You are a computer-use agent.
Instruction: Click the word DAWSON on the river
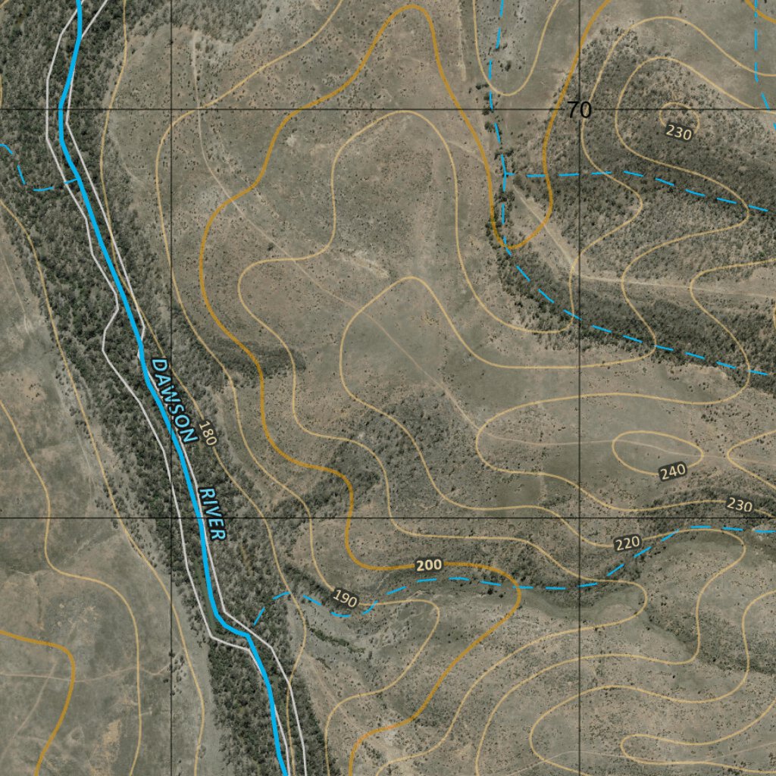pos(173,400)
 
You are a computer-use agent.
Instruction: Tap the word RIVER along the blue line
pos(211,513)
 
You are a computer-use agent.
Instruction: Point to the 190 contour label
pos(345,599)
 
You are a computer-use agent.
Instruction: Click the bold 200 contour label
pos(429,565)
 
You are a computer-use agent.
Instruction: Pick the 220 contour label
pos(627,543)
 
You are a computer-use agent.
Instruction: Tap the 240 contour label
pos(672,471)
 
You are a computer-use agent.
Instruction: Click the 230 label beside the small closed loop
pos(678,133)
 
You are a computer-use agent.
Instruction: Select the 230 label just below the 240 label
pos(739,505)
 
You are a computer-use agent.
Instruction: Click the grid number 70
pos(579,111)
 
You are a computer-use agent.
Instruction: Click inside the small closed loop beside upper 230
pos(671,114)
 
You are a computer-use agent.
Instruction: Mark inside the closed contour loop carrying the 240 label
pos(644,449)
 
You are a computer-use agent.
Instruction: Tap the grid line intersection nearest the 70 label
pos(580,110)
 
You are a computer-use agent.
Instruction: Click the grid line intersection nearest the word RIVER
pos(171,518)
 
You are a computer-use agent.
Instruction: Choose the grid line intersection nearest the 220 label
pos(580,518)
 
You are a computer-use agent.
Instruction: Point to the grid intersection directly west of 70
pos(171,110)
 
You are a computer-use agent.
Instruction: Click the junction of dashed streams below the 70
pos(505,175)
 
